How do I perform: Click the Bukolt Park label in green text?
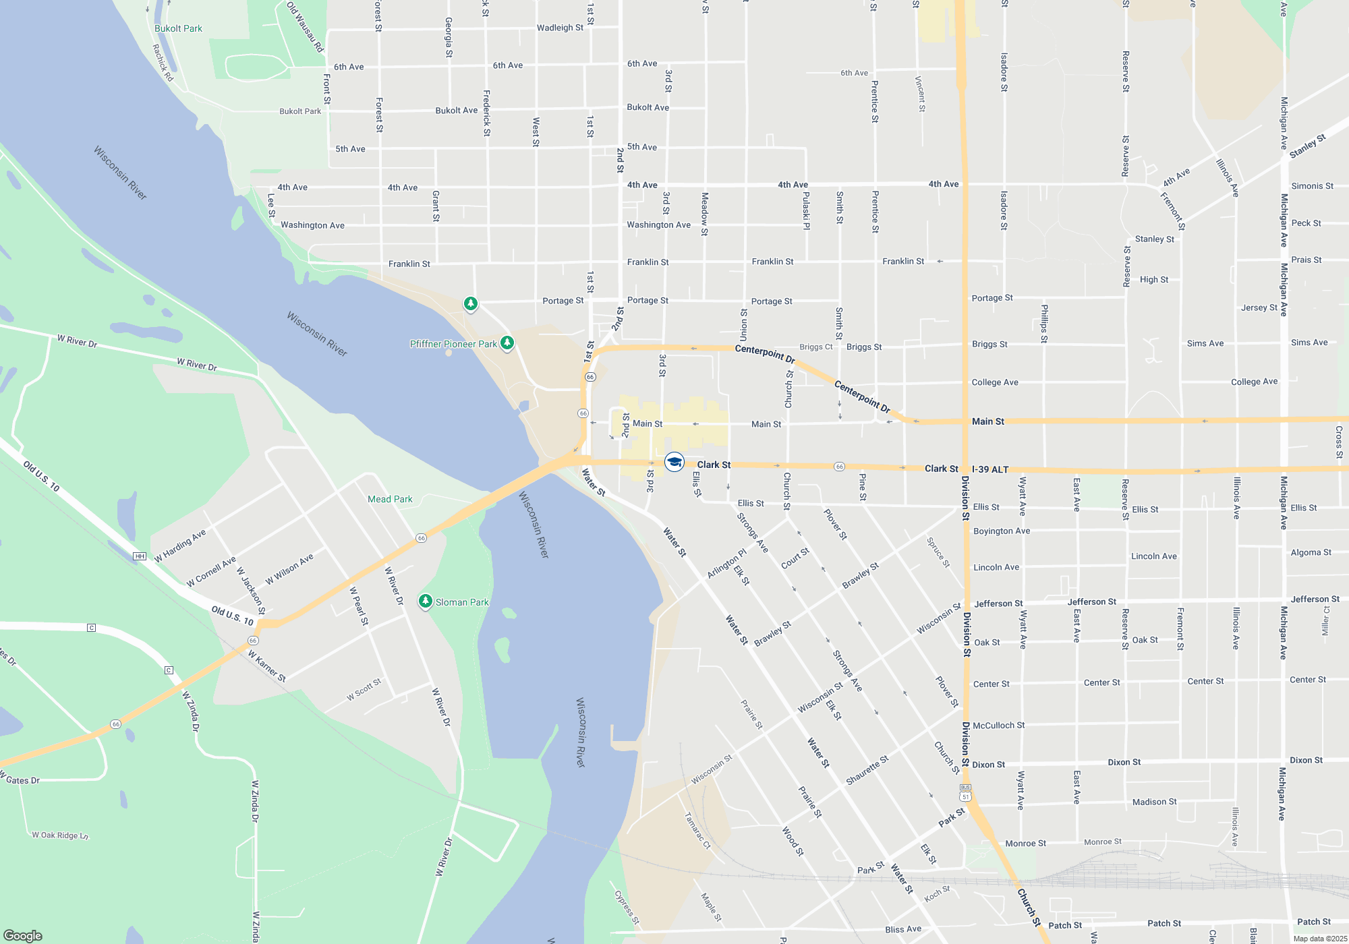pos(178,28)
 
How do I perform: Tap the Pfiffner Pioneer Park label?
pos(453,344)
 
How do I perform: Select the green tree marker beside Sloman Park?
pos(425,601)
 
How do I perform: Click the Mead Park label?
pos(390,499)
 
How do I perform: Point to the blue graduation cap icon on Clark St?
pos(674,462)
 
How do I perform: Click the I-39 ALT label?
pos(990,469)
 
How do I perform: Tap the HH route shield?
pos(140,556)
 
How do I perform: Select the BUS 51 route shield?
pos(965,792)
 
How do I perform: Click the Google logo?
pos(23,935)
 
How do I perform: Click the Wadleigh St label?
pos(560,28)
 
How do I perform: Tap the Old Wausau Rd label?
pos(306,27)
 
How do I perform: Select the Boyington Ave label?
pos(1002,531)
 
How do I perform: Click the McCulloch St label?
pos(999,726)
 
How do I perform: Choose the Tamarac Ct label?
pos(697,831)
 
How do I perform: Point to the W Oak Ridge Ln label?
pos(60,835)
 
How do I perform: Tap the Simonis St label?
pos(1312,186)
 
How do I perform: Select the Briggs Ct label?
pos(816,347)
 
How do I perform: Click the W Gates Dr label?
pos(20,780)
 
